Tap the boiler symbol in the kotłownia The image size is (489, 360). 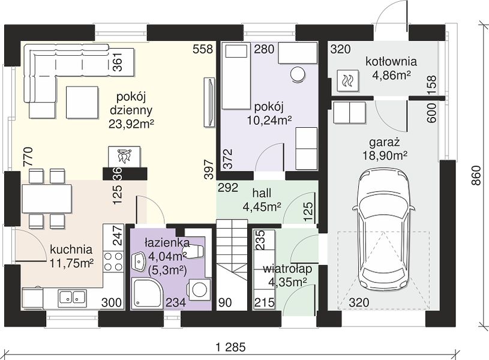tap(347, 81)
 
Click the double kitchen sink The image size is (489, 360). tap(72, 297)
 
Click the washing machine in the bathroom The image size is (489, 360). tap(199, 289)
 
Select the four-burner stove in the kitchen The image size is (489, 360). tap(113, 262)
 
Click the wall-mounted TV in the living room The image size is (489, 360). tap(209, 102)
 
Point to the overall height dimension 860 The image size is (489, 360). tap(477, 176)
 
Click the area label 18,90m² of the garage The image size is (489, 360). tap(385, 155)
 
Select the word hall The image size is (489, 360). tap(262, 193)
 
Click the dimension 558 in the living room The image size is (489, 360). tap(203, 49)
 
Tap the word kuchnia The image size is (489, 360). tap(71, 249)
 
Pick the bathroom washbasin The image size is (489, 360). tap(139, 262)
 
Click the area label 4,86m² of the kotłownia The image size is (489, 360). tap(391, 75)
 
